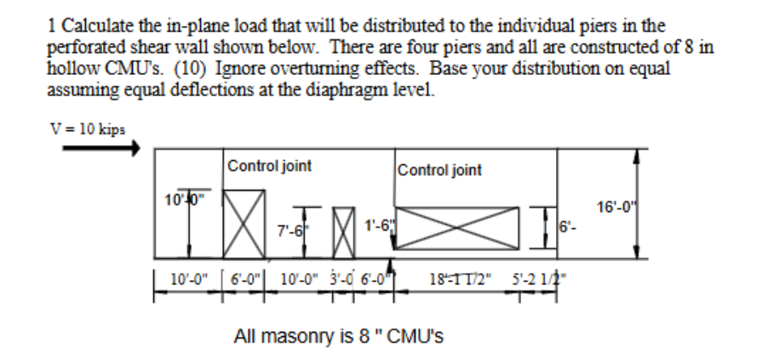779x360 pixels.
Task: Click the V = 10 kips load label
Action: [x=88, y=129]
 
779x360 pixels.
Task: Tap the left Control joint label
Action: [x=269, y=166]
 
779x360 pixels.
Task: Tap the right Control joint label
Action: [x=439, y=169]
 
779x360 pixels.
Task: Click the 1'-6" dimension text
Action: [x=375, y=226]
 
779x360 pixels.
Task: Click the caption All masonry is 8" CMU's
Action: [x=339, y=336]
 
